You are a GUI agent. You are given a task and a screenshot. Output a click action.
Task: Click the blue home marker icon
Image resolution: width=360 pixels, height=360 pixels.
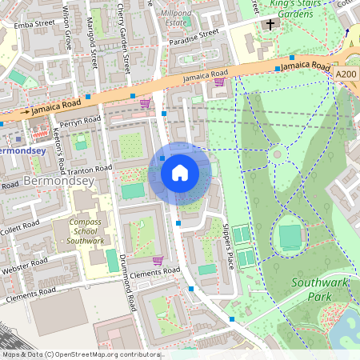tap(180, 173)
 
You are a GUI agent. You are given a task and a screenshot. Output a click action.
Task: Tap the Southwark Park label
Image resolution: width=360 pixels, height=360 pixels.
tap(318, 289)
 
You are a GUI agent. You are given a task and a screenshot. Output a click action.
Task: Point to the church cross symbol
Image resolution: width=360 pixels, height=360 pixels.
tap(270, 25)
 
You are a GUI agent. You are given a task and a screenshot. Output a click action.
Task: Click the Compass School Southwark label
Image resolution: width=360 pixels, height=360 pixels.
tap(84, 231)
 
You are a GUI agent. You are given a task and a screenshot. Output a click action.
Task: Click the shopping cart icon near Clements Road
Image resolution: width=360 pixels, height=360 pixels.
tap(158, 260)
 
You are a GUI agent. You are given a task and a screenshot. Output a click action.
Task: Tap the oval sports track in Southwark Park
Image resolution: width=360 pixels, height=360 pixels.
tap(290, 237)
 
